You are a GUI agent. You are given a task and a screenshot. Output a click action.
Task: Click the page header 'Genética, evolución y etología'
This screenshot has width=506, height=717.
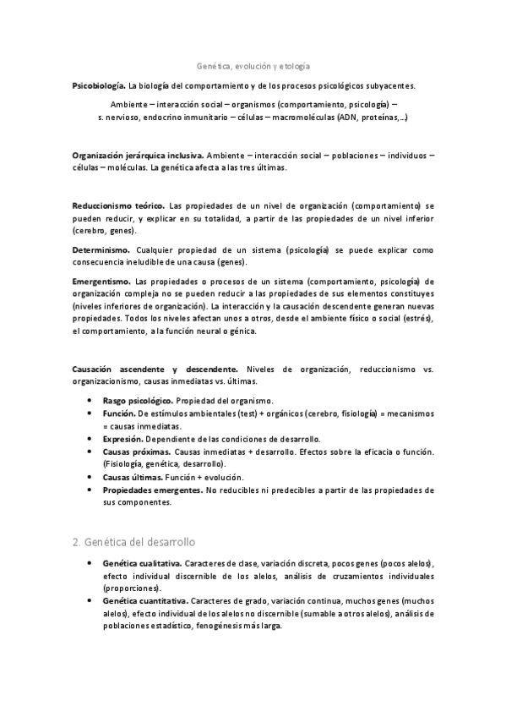click(253, 64)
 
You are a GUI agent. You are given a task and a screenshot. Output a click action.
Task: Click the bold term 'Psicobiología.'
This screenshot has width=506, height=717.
click(99, 86)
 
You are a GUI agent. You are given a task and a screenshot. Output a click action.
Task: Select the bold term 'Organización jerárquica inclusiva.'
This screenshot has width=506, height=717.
click(138, 156)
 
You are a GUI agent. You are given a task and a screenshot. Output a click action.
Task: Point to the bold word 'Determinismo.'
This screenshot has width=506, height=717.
click(101, 250)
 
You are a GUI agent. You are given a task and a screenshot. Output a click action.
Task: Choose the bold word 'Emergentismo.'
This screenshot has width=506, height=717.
click(101, 281)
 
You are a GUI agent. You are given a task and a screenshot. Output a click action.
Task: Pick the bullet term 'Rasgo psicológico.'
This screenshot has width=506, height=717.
click(139, 400)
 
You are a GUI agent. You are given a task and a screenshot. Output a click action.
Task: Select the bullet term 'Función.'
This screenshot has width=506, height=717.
click(119, 414)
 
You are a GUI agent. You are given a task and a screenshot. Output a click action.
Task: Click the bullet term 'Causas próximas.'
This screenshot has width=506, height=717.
click(137, 452)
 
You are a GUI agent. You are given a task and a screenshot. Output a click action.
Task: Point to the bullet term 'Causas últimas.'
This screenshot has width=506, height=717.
click(133, 477)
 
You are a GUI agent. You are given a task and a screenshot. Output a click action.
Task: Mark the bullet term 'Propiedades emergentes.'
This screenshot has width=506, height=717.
click(153, 490)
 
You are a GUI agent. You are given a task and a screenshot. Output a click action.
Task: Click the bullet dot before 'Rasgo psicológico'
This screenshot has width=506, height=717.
click(90, 400)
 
